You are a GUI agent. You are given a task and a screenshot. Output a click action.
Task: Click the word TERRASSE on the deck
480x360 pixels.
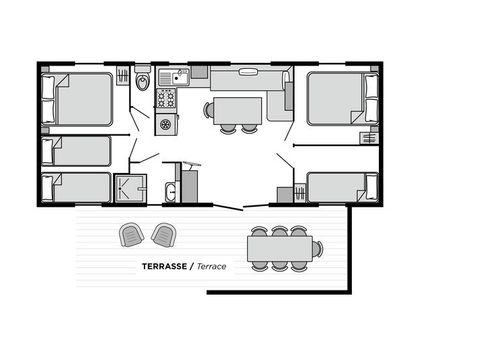tap(167, 267)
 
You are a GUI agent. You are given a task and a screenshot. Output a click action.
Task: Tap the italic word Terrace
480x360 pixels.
tap(210, 267)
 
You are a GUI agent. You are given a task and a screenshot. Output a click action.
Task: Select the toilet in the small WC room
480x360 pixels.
tap(143, 80)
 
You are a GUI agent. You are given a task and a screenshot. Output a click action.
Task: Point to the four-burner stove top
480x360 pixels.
tap(166, 98)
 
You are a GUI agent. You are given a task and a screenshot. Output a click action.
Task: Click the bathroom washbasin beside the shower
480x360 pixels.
tap(170, 192)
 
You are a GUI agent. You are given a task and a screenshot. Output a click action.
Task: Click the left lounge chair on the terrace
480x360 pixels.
tap(131, 235)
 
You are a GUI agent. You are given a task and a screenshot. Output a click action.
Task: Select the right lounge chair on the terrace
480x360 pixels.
tap(162, 235)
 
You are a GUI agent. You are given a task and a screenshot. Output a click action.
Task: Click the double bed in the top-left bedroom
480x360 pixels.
tap(80, 99)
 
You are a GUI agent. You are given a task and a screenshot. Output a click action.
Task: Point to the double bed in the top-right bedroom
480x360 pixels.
tap(337, 99)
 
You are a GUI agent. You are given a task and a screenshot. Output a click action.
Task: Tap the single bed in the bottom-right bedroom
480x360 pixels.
tap(338, 187)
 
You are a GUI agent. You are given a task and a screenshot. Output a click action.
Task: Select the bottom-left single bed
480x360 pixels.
tap(78, 187)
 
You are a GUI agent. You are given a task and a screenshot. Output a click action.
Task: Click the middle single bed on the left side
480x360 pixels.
tap(78, 150)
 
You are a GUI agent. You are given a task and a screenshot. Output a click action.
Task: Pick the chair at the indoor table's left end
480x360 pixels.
tap(209, 109)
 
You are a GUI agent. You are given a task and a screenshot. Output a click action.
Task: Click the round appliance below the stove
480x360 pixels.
tap(166, 123)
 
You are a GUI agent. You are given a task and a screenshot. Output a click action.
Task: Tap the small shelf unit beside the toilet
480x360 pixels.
tap(122, 76)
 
